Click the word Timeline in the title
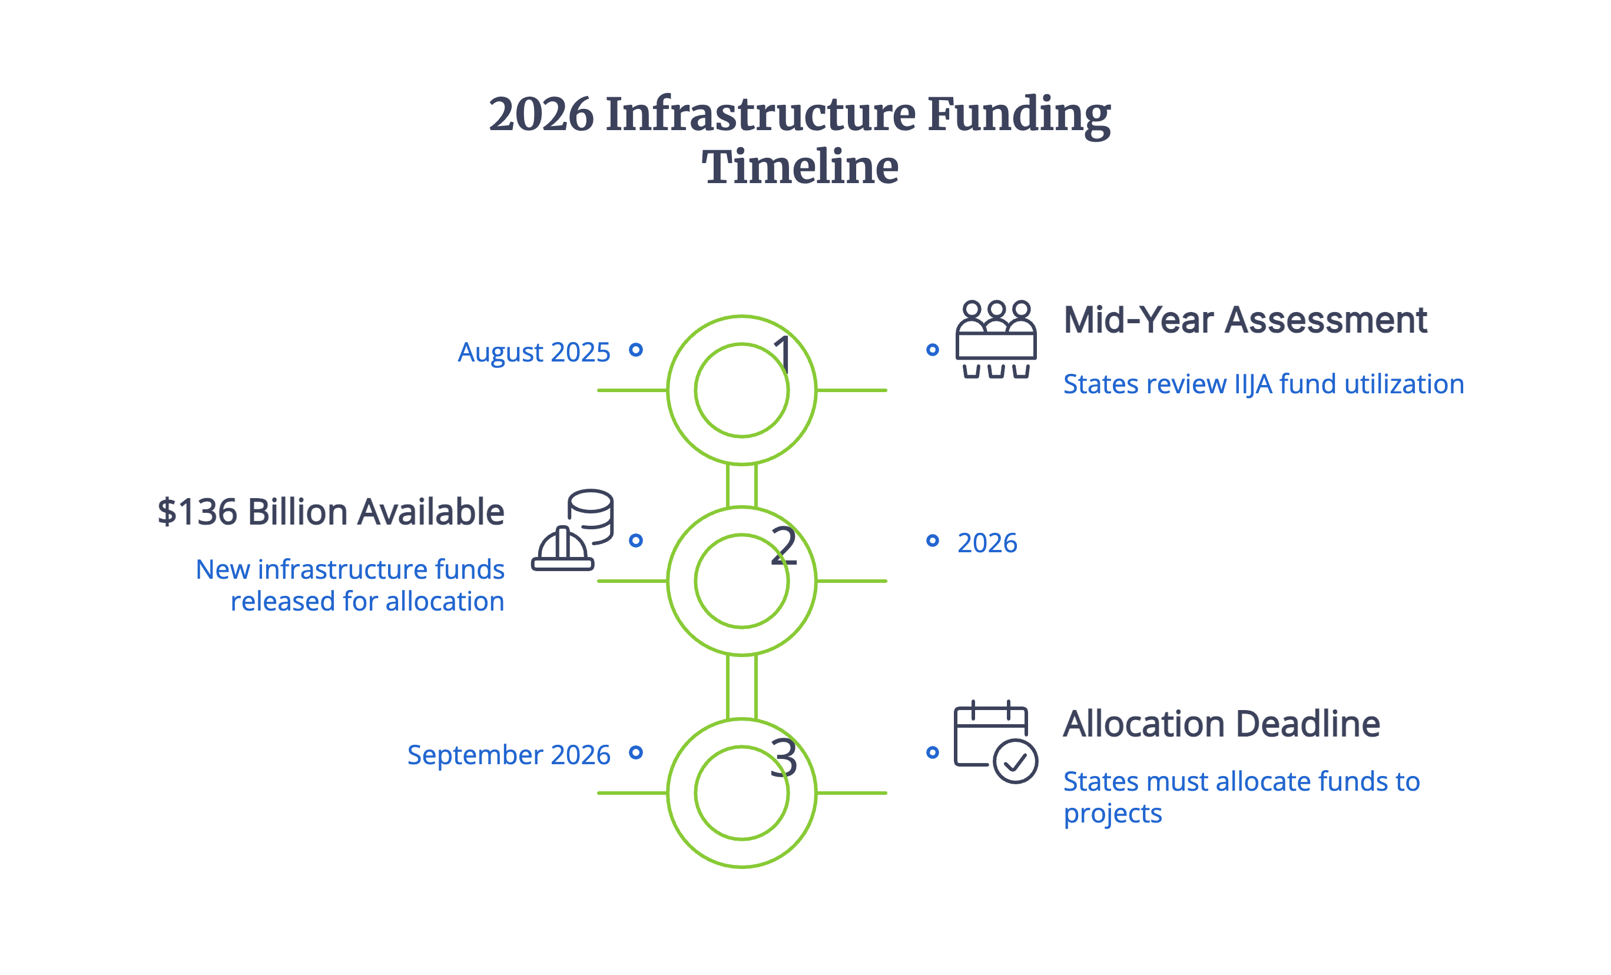[x=800, y=167]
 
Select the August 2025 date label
[x=533, y=353]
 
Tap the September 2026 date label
[x=509, y=755]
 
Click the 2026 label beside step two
[x=987, y=543]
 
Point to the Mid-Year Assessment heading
[x=1245, y=320]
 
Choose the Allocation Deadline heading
[x=1221, y=724]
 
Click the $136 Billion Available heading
[x=331, y=512]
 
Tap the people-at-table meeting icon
[x=995, y=339]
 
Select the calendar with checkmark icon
[x=995, y=742]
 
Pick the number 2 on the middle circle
[x=784, y=545]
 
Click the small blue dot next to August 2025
[x=635, y=350]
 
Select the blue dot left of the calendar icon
[x=932, y=752]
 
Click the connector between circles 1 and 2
[x=741, y=486]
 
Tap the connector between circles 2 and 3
[x=741, y=687]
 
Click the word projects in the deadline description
[x=1112, y=814]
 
